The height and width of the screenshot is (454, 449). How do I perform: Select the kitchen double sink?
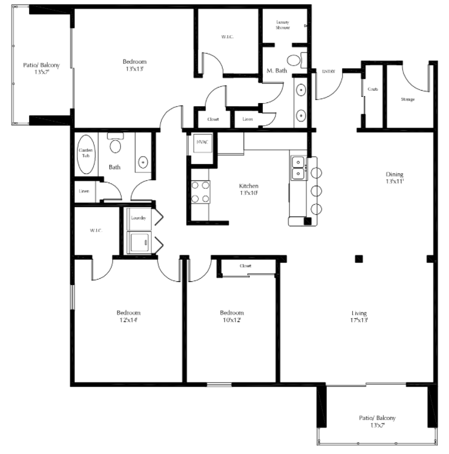(299, 168)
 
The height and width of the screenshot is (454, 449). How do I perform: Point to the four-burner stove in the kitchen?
(200, 191)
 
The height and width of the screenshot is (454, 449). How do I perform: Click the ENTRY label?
(328, 72)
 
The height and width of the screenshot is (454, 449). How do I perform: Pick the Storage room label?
(407, 99)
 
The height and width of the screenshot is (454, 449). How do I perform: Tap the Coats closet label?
(373, 89)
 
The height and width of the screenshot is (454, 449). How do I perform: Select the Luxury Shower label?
(282, 24)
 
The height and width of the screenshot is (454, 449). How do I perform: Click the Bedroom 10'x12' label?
(232, 316)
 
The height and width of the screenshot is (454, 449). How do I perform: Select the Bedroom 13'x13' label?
(134, 65)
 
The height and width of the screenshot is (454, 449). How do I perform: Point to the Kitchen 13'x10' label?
(249, 189)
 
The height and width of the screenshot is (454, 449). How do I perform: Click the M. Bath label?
(276, 71)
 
